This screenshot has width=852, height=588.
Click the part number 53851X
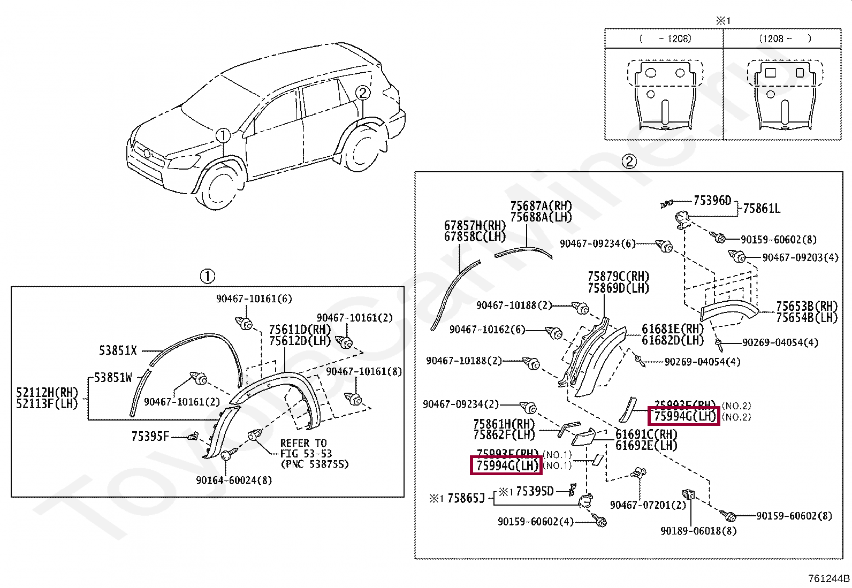point(118,351)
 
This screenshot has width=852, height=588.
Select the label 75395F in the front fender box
point(150,437)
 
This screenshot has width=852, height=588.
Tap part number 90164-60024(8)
point(234,480)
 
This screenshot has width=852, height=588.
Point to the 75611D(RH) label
point(300,330)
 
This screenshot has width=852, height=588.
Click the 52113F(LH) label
point(47,404)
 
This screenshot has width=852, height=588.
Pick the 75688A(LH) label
point(541,217)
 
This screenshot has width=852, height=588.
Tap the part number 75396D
point(712,201)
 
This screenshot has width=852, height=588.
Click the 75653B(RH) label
point(807,306)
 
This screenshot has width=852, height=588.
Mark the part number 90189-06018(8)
point(698,531)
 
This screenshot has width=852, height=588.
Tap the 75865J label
point(466,499)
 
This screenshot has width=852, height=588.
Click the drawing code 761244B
point(829,578)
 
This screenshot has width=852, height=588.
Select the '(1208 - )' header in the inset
point(784,39)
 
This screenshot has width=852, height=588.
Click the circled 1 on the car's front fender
point(223,135)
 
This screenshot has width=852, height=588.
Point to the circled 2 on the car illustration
point(362,93)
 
